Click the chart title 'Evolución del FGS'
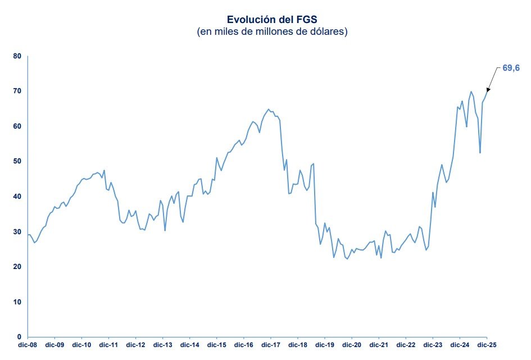pyautogui.click(x=272, y=20)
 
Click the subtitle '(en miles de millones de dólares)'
pyautogui.click(x=272, y=31)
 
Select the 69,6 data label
pyautogui.click(x=511, y=68)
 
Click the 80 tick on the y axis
pyautogui.click(x=17, y=56)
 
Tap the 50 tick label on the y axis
pyautogui.click(x=17, y=161)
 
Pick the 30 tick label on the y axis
pyautogui.click(x=17, y=231)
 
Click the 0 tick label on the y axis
pyautogui.click(x=19, y=336)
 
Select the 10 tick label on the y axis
pyautogui.click(x=17, y=302)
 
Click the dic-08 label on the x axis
pyautogui.click(x=28, y=344)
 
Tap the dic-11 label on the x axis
pyautogui.click(x=108, y=344)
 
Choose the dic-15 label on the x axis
pyautogui.click(x=217, y=344)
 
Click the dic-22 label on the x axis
pyautogui.click(x=406, y=344)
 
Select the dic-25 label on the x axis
pyautogui.click(x=487, y=344)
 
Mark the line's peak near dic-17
pyautogui.click(x=269, y=109)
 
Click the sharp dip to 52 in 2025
pyautogui.click(x=480, y=153)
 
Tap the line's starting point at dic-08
pyautogui.click(x=28, y=235)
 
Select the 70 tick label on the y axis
pyautogui.click(x=17, y=91)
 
